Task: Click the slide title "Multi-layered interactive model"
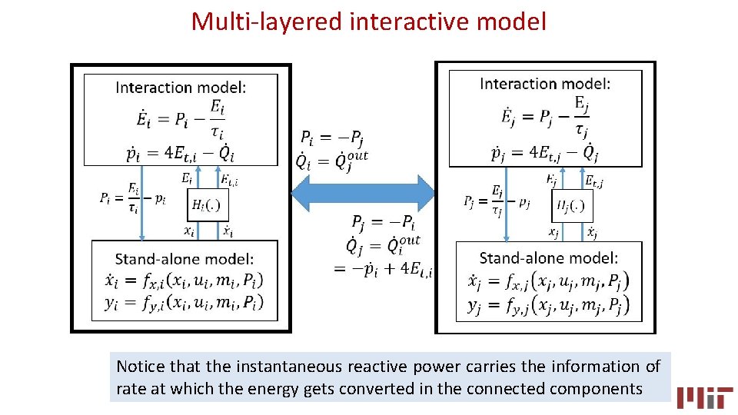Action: click(x=368, y=21)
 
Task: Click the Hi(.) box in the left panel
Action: click(x=208, y=205)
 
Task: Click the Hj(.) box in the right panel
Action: click(x=573, y=206)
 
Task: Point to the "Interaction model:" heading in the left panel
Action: click(x=181, y=87)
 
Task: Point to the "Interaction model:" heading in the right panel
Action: click(x=545, y=83)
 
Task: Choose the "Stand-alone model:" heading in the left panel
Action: click(x=184, y=260)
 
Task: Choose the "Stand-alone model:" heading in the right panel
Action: click(x=548, y=258)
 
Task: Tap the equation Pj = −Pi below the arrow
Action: click(x=383, y=224)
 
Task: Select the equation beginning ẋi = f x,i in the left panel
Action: click(x=184, y=281)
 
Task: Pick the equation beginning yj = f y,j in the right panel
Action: click(x=548, y=307)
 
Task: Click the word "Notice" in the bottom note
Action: click(x=140, y=367)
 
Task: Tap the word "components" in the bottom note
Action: click(x=595, y=388)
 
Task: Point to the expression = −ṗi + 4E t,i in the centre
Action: click(x=383, y=269)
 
